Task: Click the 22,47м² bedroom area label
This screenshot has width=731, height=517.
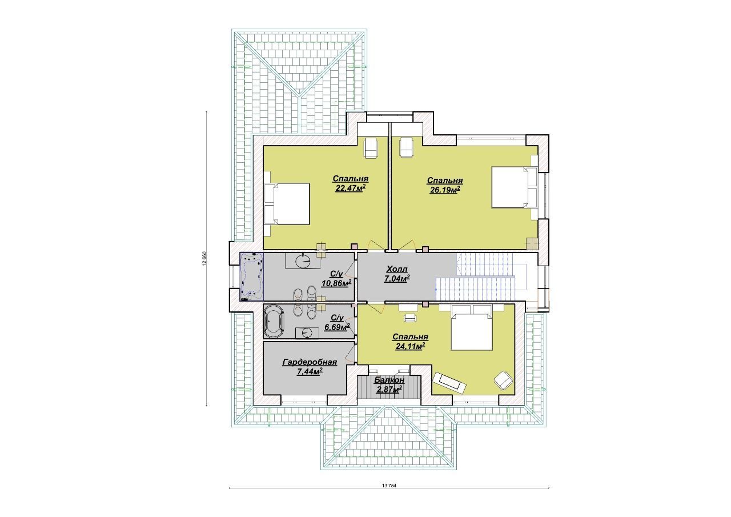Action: tap(350, 189)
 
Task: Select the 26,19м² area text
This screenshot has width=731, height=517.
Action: tap(445, 190)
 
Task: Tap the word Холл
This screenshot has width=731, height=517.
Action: tap(397, 269)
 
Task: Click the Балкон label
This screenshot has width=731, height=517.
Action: tap(389, 380)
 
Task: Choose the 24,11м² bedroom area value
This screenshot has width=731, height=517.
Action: tap(410, 346)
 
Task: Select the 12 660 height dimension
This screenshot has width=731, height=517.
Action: tap(204, 259)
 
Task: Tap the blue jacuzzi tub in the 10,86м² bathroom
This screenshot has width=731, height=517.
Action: tap(252, 276)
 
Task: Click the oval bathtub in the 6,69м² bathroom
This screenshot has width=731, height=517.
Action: tap(274, 322)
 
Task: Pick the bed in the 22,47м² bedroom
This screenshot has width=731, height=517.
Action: tap(287, 204)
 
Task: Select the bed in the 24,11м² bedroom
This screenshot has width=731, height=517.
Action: tap(472, 327)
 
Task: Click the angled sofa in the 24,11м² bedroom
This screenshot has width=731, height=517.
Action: tap(449, 382)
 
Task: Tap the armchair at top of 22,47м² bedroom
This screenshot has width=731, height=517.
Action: tap(371, 148)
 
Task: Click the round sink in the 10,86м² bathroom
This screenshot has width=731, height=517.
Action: tap(303, 261)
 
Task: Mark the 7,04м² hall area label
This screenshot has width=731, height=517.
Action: tap(397, 278)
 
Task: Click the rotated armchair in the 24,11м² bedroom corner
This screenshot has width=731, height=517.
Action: tap(504, 380)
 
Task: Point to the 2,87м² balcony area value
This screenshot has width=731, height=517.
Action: tap(389, 389)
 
